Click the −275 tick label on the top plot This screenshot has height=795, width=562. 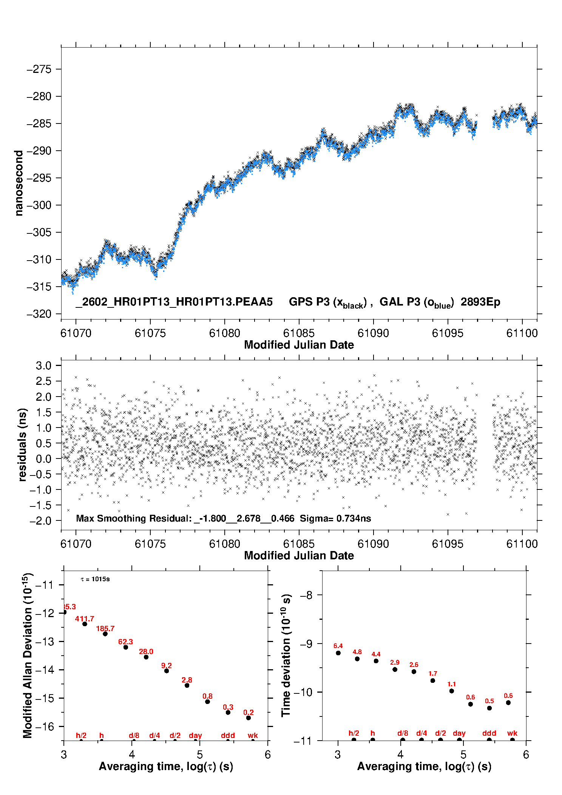pyautogui.click(x=39, y=69)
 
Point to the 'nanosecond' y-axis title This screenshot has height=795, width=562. pyautogui.click(x=19, y=183)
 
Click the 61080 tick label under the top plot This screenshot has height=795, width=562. pyautogui.click(x=224, y=333)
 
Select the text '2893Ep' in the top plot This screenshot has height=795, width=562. pyautogui.click(x=480, y=302)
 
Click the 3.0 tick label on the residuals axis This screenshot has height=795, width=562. pyautogui.click(x=43, y=366)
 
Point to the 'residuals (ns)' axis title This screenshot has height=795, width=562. pyautogui.click(x=22, y=445)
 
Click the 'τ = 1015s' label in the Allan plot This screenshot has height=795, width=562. pyautogui.click(x=95, y=579)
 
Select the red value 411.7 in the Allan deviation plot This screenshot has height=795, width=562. pyautogui.click(x=84, y=619)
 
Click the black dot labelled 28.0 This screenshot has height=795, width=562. pyautogui.click(x=146, y=657)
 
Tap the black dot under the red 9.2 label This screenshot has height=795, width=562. pyautogui.click(x=167, y=671)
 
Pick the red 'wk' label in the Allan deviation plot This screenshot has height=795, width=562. pyautogui.click(x=253, y=735)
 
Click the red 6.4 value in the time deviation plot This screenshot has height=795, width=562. pyautogui.click(x=338, y=646)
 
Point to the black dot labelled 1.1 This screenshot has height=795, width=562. pyautogui.click(x=452, y=691)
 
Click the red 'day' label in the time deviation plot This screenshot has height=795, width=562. pyautogui.click(x=459, y=733)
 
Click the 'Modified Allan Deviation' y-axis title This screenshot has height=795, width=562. pyautogui.click(x=28, y=655)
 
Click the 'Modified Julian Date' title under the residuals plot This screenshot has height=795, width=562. pyautogui.click(x=299, y=556)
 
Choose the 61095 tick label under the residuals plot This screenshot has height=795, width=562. pyautogui.click(x=448, y=544)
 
